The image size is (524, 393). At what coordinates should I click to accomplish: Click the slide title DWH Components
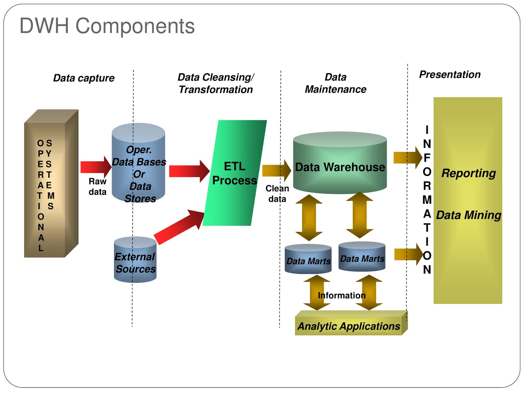click(107, 26)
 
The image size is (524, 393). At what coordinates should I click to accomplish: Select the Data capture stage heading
click(84, 78)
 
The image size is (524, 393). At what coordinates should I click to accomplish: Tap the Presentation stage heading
click(450, 74)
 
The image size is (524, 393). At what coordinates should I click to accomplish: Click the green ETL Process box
click(234, 173)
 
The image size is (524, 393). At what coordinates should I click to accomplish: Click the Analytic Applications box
click(349, 326)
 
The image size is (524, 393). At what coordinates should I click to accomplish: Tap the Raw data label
click(97, 186)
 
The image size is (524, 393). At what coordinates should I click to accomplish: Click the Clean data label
click(277, 194)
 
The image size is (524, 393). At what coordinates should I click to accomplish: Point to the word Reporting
click(468, 173)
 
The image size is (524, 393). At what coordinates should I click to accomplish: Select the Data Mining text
click(469, 215)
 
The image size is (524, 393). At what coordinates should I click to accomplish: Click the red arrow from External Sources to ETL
click(178, 227)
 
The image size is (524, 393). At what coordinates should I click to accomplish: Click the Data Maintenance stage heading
click(335, 83)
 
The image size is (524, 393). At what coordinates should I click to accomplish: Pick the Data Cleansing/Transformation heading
click(216, 83)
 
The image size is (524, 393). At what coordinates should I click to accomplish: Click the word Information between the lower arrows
click(342, 295)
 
